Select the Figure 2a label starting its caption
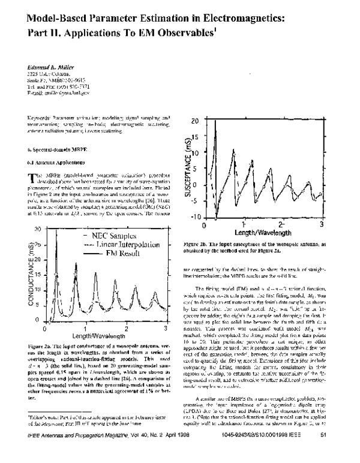coord(40,347)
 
